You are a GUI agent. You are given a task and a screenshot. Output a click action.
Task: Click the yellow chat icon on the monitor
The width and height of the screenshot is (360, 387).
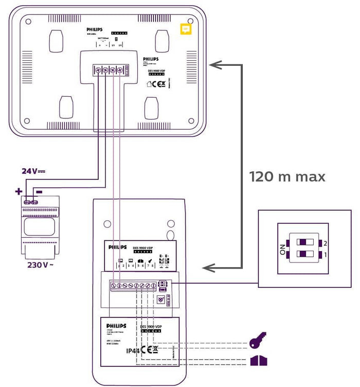tap(186, 29)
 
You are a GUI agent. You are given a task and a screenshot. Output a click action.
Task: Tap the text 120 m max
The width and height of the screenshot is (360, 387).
tap(287, 177)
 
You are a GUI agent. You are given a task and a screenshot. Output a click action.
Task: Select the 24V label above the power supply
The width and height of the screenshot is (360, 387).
tap(32, 171)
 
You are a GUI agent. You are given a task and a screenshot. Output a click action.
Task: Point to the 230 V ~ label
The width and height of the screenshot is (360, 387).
tap(40, 266)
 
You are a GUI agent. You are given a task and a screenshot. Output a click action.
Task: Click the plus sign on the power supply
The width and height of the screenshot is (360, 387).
tap(19, 191)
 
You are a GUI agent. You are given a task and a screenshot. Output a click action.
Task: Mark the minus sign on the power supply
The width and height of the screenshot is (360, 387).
tap(39, 191)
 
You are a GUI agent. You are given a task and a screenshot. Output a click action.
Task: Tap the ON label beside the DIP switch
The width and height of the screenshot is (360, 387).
tap(282, 250)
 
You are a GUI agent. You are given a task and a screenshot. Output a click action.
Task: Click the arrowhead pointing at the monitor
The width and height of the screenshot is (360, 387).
tap(215, 65)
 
